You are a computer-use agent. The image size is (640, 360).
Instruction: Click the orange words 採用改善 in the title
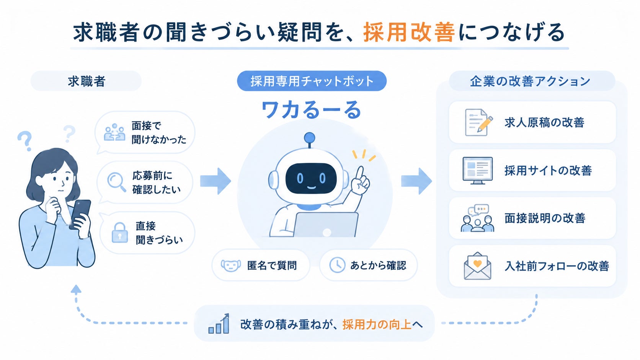[x=409, y=32]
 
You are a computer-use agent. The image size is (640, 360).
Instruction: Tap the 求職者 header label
[x=87, y=81]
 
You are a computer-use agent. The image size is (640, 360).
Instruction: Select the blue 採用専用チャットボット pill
[x=312, y=81]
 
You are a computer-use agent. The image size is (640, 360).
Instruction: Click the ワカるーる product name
[x=312, y=110]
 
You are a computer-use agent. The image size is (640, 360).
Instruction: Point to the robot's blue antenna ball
[x=309, y=138]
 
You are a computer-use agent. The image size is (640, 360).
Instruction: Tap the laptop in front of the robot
[x=326, y=225]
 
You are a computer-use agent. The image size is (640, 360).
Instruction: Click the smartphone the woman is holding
[x=80, y=214]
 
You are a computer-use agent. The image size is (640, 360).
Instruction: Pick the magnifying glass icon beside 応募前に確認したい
[x=116, y=182]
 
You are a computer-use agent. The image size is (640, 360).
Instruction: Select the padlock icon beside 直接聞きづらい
[x=119, y=233]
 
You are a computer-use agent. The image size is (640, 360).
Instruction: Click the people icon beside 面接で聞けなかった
[x=114, y=132]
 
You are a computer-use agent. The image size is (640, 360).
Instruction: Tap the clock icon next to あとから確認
[x=337, y=265]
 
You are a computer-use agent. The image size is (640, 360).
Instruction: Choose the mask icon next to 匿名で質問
[x=230, y=266]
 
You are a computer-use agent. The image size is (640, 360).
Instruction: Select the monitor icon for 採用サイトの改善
[x=477, y=171]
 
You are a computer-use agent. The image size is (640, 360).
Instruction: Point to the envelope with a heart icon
[x=477, y=266]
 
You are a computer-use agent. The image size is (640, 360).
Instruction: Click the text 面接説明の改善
[x=545, y=218]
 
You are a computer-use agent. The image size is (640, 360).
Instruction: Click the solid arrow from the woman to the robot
[x=216, y=181]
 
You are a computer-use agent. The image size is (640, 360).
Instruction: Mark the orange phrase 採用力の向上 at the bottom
[x=377, y=324]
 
